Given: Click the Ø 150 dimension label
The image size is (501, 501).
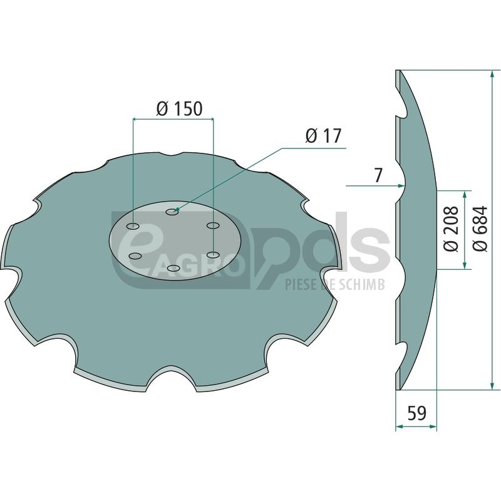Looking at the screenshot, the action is pyautogui.click(x=179, y=108).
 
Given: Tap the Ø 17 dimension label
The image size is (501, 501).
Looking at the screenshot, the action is pyautogui.click(x=323, y=136).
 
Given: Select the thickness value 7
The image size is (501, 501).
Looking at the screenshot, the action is pyautogui.click(x=378, y=175).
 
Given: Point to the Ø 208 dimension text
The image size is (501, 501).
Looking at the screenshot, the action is pyautogui.click(x=451, y=229).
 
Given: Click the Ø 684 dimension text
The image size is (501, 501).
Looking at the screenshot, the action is pyautogui.click(x=480, y=229).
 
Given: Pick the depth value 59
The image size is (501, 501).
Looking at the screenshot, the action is pyautogui.click(x=416, y=413).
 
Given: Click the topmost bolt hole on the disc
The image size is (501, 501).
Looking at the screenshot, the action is pyautogui.click(x=172, y=212).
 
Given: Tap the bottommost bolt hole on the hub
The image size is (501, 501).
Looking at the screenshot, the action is pyautogui.click(x=173, y=268).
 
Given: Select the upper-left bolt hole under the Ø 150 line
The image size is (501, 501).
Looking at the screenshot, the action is pyautogui.click(x=133, y=227).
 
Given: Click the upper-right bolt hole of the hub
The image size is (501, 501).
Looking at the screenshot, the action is pyautogui.click(x=213, y=225).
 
